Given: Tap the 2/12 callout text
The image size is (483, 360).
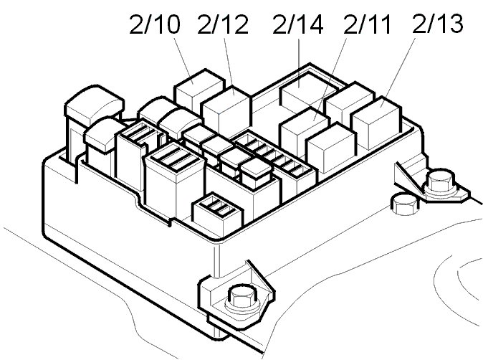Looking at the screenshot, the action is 223,26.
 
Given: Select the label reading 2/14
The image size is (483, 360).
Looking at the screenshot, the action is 297,26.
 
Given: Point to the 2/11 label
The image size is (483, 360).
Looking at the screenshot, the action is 367,26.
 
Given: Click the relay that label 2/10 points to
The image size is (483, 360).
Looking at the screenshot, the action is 196,90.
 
